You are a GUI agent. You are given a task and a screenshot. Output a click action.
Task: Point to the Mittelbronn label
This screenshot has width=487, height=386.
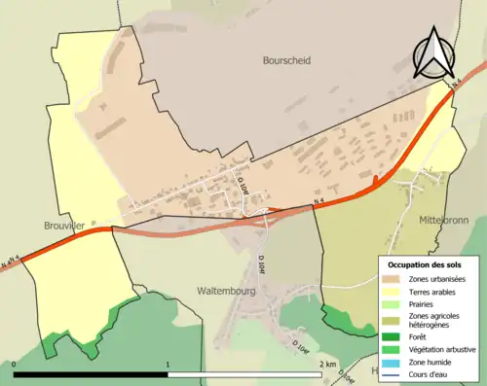pos(443,220)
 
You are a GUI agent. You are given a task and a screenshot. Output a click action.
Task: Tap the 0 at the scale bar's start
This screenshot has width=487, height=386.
pos(16,364)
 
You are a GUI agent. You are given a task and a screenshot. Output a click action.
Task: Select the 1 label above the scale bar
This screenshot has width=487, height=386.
pos(169,364)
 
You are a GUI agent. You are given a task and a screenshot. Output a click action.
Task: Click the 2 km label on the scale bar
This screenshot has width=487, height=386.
pos(328,364)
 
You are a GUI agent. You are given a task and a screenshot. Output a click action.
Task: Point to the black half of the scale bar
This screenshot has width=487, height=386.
pos(92,374)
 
